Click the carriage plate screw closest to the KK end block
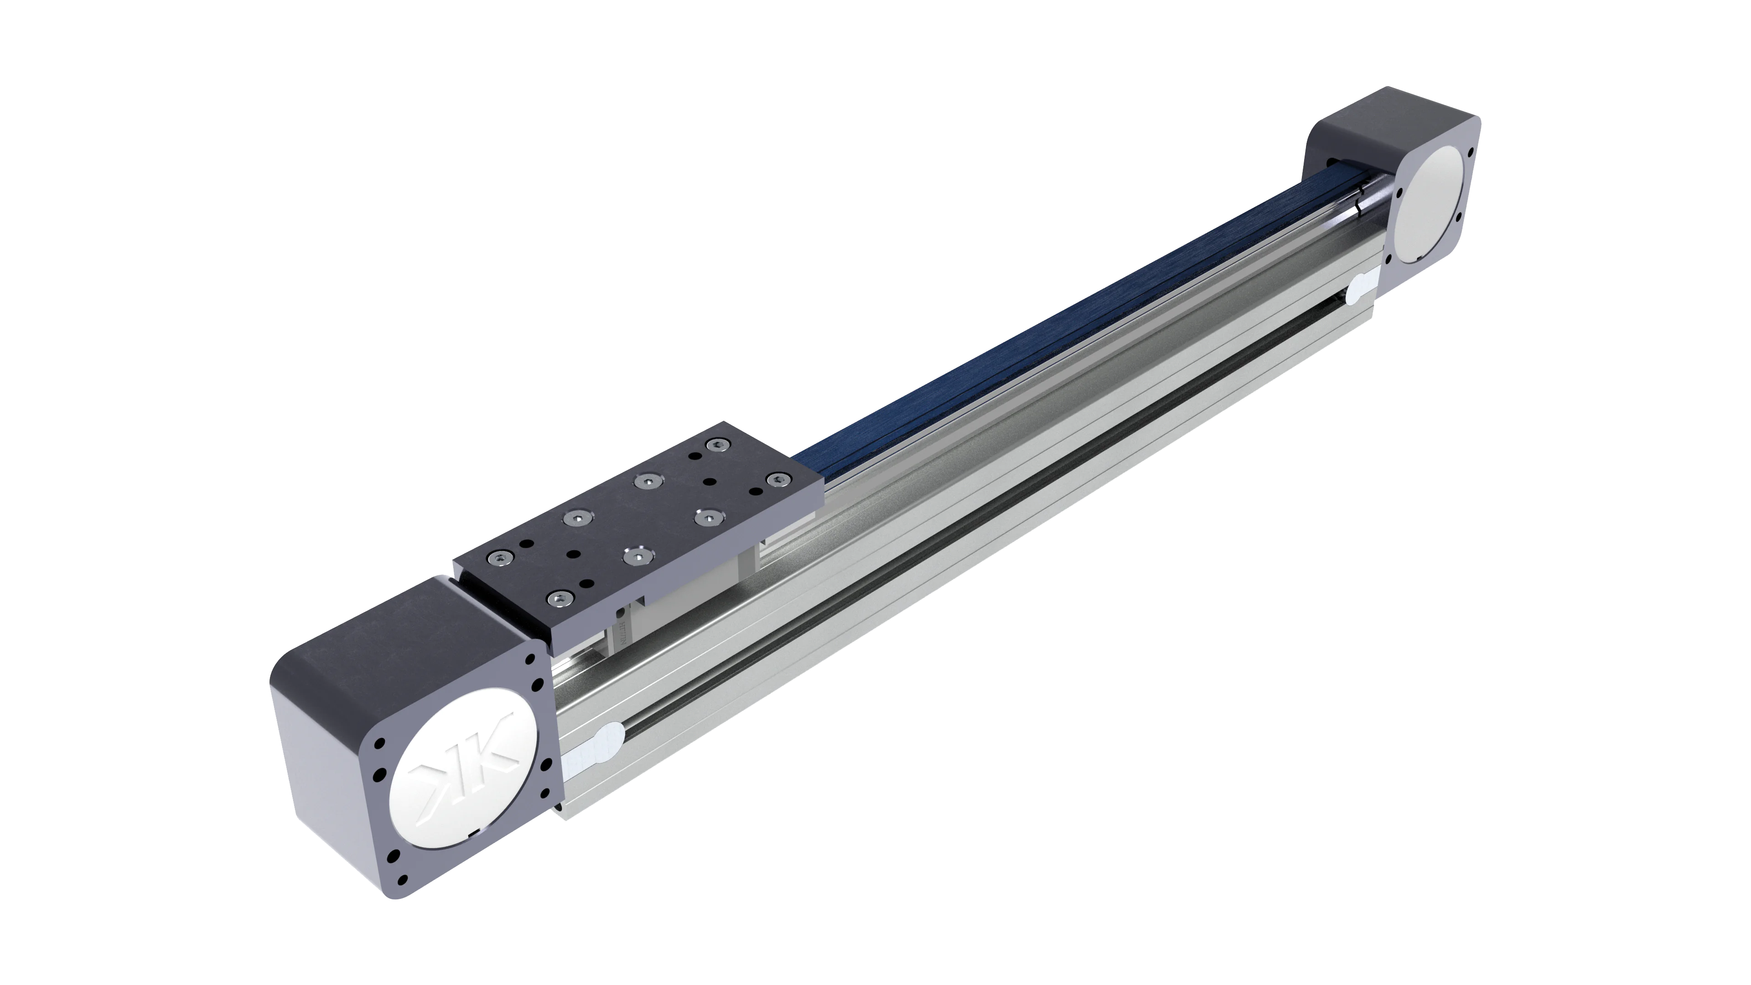click(558, 598)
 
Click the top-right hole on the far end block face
click(1471, 151)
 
